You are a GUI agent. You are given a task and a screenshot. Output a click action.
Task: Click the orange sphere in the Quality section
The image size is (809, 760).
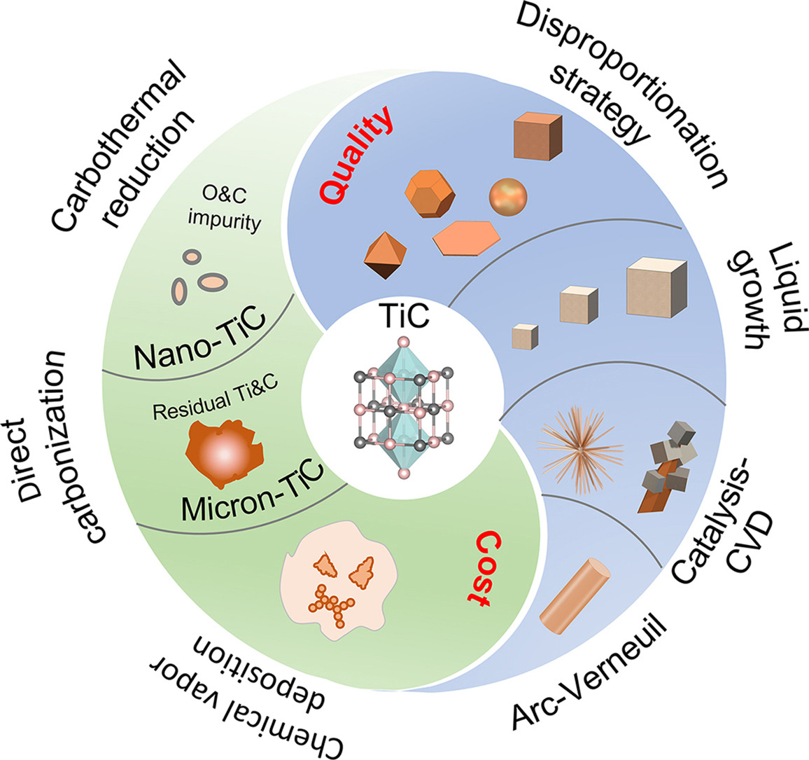(508, 197)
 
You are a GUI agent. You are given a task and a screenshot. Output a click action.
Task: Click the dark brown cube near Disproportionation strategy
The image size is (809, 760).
(537, 137)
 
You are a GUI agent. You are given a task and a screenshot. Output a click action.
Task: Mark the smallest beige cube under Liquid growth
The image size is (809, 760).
(524, 336)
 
